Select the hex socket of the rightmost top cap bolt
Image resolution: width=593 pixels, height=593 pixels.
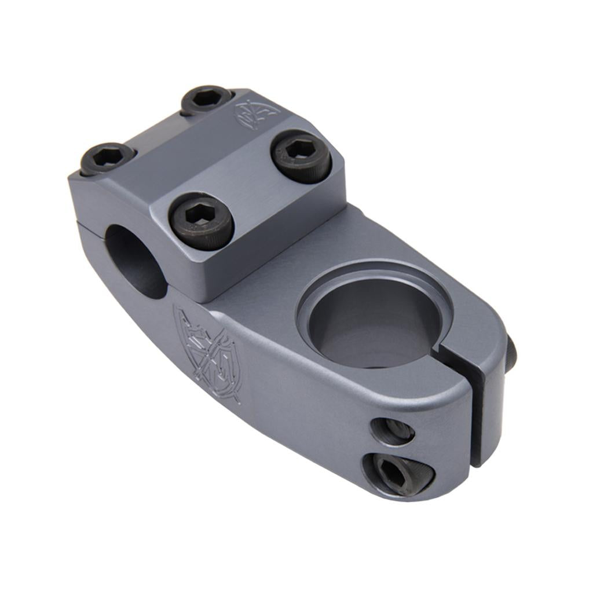coord(299,151)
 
